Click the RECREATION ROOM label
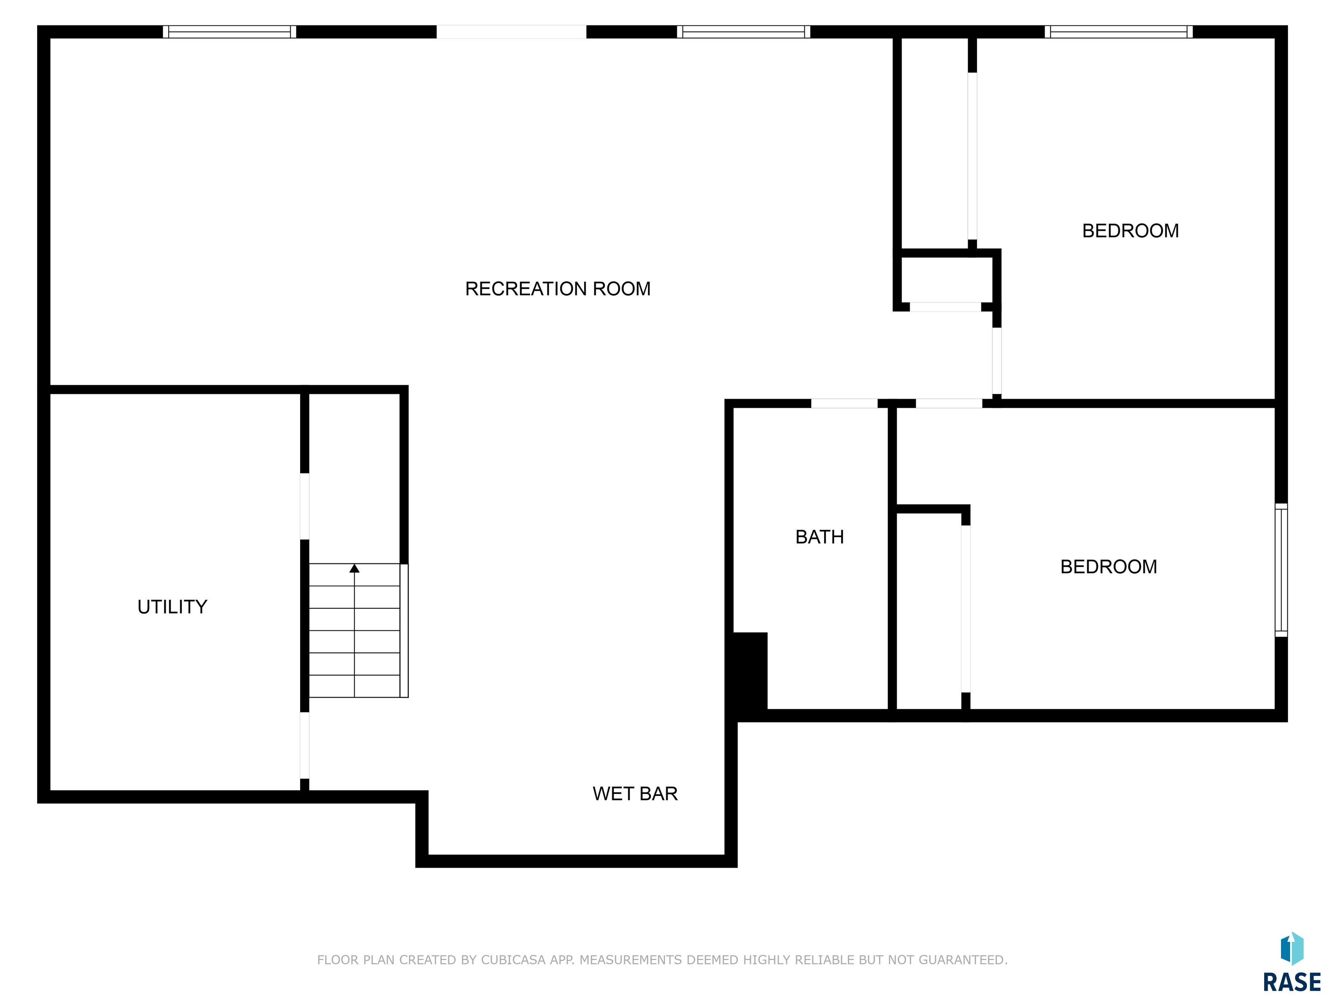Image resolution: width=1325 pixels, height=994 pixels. click(558, 289)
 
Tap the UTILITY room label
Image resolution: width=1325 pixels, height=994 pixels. click(173, 607)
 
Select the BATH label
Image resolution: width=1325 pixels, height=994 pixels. click(819, 537)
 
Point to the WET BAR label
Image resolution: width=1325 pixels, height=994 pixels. click(635, 793)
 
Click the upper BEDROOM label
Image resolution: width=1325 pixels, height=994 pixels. click(1130, 231)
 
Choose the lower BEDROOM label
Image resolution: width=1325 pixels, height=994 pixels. click(1109, 567)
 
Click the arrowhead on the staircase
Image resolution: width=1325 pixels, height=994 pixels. click(355, 568)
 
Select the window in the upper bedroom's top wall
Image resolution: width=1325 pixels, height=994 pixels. click(1119, 32)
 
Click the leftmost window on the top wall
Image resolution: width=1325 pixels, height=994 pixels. click(230, 32)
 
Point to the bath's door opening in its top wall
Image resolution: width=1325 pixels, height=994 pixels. click(845, 403)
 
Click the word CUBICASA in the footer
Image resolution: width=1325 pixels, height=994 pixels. click(513, 960)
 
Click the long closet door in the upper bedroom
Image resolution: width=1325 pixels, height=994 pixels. click(972, 156)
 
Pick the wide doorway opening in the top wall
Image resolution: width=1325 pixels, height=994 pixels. click(512, 32)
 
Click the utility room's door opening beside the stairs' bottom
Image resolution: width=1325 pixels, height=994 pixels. click(305, 745)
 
